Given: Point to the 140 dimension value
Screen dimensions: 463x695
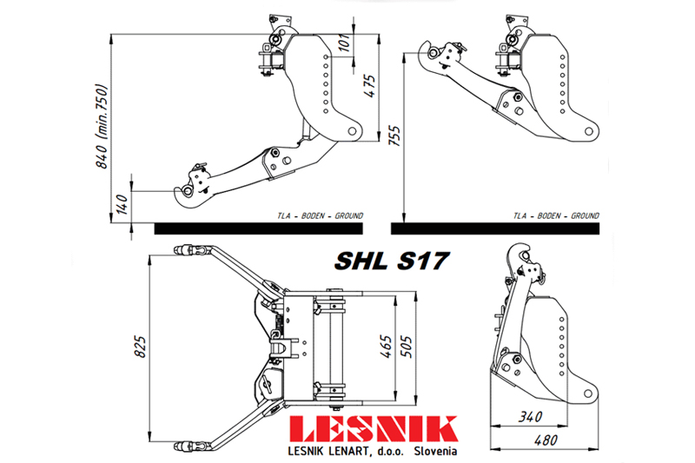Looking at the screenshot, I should pyautogui.click(x=122, y=204).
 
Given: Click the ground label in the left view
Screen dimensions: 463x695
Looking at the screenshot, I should pyautogui.click(x=320, y=215).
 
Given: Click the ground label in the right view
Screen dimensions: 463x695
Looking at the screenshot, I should pyautogui.click(x=556, y=215).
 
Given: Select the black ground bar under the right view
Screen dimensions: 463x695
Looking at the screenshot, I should pyautogui.click(x=494, y=228).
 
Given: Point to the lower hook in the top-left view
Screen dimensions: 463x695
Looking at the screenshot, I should pyautogui.click(x=190, y=190).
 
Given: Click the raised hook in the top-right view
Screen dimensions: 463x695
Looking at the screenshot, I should pyautogui.click(x=431, y=52).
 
